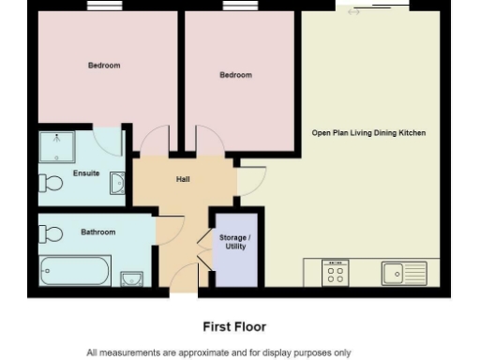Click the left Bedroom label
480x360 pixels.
pyautogui.click(x=104, y=66)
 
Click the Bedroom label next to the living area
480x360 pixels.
pyautogui.click(x=235, y=75)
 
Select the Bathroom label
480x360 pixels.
pyautogui.click(x=97, y=232)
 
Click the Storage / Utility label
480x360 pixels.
pyautogui.click(x=234, y=243)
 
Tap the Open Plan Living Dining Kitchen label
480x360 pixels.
pyautogui.click(x=368, y=133)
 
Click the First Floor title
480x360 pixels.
pyautogui.click(x=234, y=327)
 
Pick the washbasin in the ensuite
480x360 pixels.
pyautogui.click(x=117, y=183)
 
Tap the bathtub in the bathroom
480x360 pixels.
pyautogui.click(x=75, y=272)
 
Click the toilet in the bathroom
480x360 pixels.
pyautogui.click(x=52, y=233)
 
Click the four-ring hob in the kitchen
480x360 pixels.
pyautogui.click(x=335, y=272)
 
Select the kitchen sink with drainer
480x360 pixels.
pyautogui.click(x=404, y=273)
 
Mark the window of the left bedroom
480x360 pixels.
pyautogui.click(x=104, y=6)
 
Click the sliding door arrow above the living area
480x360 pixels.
pyautogui.click(x=353, y=12)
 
